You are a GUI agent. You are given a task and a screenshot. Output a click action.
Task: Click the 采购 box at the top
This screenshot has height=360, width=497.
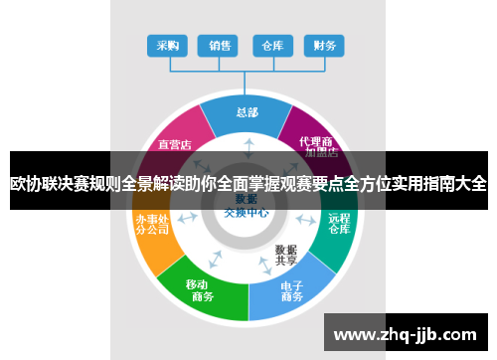[x=168, y=45]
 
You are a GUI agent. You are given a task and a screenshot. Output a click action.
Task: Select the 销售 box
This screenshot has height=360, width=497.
[x=220, y=45]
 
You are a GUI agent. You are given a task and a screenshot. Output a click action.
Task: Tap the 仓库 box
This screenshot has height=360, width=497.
[x=271, y=45]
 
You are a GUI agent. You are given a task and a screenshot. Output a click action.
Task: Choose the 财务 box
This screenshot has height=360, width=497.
[x=323, y=45]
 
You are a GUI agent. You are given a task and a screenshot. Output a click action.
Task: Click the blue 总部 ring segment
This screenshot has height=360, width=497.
[x=248, y=113]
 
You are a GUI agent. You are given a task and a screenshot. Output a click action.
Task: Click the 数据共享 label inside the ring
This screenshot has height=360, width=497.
[x=287, y=255]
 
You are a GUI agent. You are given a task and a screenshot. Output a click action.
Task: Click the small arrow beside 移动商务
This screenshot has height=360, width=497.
[x=215, y=261]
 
